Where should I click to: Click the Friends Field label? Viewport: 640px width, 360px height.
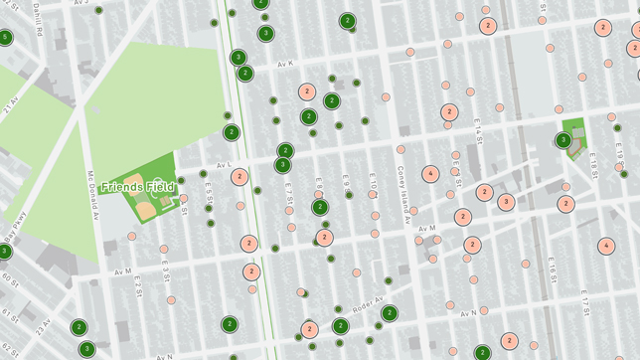137,187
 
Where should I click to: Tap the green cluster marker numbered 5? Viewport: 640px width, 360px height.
5,38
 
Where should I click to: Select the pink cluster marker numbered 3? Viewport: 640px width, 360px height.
506,202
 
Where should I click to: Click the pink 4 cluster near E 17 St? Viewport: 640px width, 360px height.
606,246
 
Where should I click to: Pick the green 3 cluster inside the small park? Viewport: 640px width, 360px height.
563,140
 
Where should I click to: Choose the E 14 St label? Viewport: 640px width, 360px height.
477,127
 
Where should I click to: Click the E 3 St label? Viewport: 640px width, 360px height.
166,271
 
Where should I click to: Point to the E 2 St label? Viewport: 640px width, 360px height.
138,289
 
